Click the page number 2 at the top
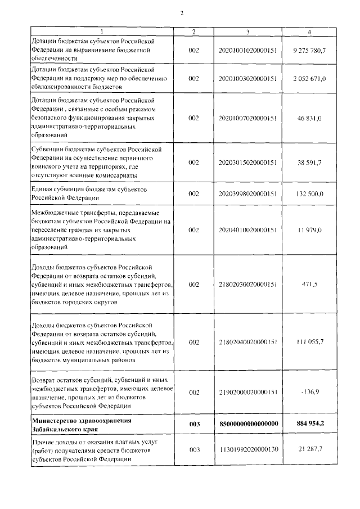click(x=182, y=12)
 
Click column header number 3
click(x=247, y=31)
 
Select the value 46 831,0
click(x=310, y=119)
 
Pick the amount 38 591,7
click(x=310, y=163)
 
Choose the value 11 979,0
click(x=310, y=230)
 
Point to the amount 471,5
click(x=310, y=285)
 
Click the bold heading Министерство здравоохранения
click(x=82, y=421)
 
